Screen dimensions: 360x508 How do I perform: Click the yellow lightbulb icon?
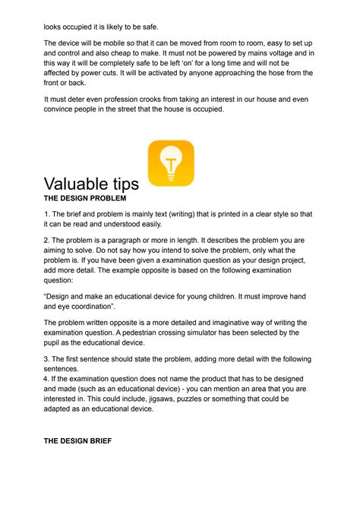pos(171,162)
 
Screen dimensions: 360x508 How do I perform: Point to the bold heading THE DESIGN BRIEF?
pos(77,440)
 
